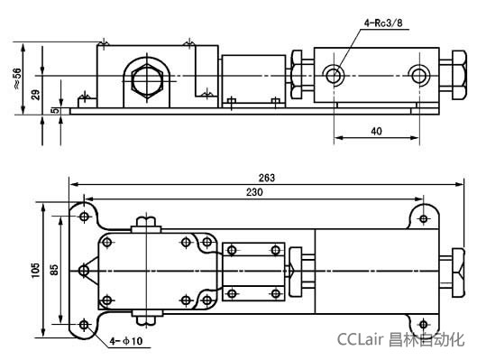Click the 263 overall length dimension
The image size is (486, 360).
pos(266,178)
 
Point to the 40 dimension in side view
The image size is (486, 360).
pos(375,131)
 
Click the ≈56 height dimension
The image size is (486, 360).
pos(17,78)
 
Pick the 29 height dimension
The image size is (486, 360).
pos(35,94)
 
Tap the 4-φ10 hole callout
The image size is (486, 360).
pos(126,341)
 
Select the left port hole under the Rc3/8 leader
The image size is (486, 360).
pos(335,74)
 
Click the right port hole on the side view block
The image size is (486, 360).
pos(416,74)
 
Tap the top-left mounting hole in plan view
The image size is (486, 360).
pos(84,217)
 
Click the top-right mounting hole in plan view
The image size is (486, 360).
pos(422,217)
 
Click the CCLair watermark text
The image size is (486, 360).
pos(361,340)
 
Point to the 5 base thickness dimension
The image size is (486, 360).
pos(56,111)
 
